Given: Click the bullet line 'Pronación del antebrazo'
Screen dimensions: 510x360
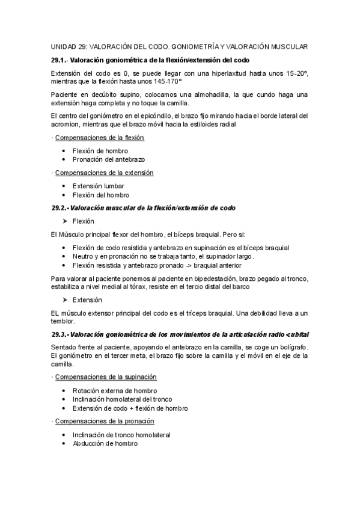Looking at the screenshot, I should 108,159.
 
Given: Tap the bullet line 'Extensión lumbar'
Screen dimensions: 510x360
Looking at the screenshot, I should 98,186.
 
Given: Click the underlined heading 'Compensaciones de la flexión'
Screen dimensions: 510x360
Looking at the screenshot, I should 99,138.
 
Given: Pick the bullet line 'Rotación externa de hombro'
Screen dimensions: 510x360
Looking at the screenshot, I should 114,390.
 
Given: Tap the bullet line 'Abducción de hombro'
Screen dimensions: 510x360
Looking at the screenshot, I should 105,443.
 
